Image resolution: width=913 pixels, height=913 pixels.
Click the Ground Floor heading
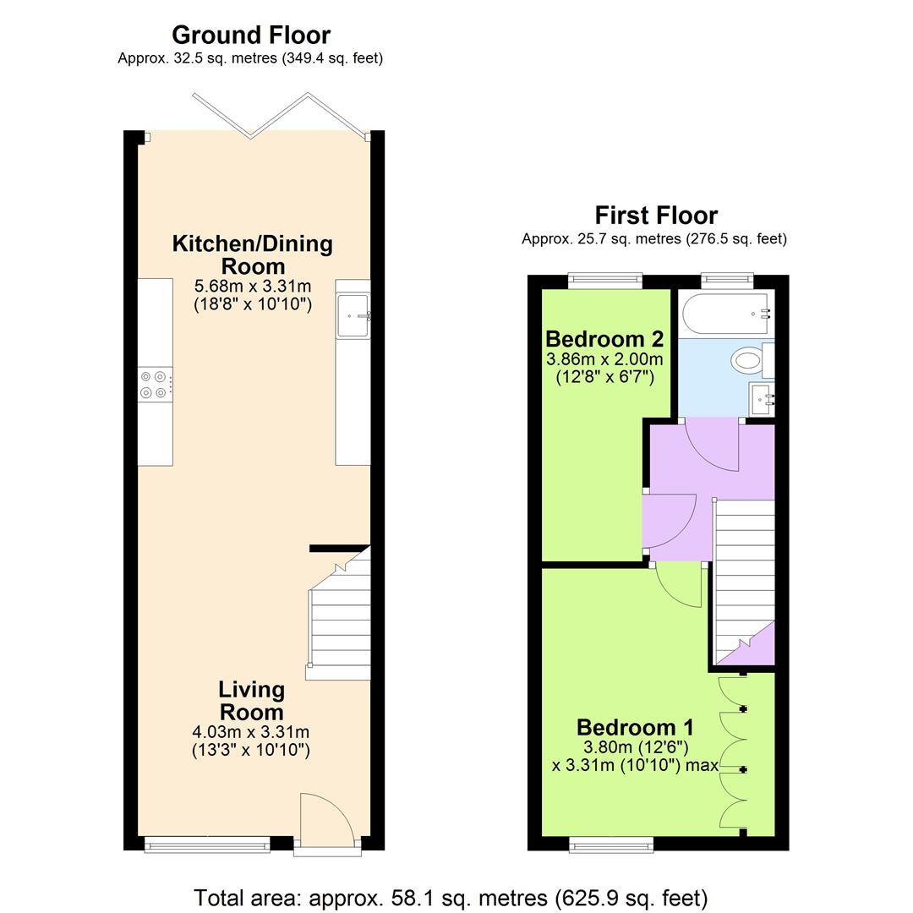coord(250,35)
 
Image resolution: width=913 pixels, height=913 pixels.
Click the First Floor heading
coord(655,215)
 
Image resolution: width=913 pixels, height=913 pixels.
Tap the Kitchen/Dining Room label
coord(252,254)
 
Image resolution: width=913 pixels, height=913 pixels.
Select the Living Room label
coord(251,700)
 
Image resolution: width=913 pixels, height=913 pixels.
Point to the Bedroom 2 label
coord(604,339)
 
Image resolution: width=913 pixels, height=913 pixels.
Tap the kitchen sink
coord(353,316)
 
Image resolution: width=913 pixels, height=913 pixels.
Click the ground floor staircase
coord(340,626)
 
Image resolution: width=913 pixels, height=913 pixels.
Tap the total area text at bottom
coord(451,897)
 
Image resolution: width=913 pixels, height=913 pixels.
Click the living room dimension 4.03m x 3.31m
coord(251,732)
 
